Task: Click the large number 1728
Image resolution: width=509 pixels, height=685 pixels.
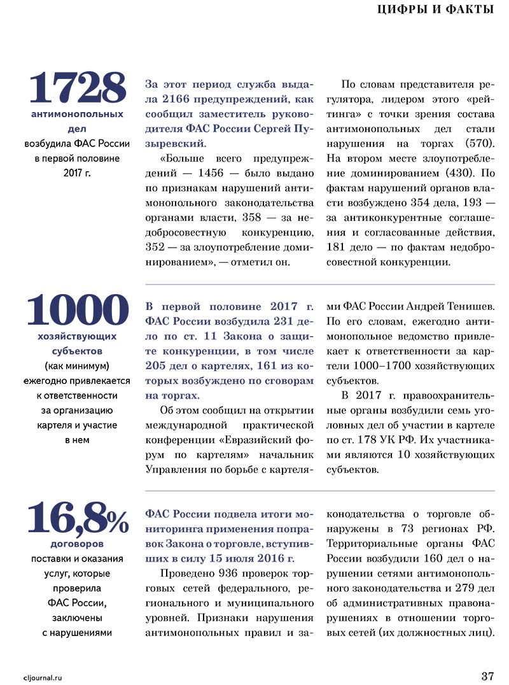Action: pyautogui.click(x=78, y=88)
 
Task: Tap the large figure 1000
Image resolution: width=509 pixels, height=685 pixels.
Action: pyautogui.click(x=78, y=310)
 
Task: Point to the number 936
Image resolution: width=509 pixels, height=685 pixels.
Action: pyautogui.click(x=232, y=572)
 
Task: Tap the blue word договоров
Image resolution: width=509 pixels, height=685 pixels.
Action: pyautogui.click(x=77, y=544)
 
